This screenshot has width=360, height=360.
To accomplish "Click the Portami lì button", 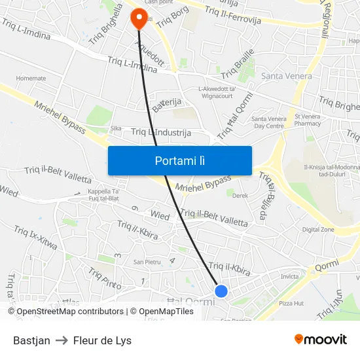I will coord(179,160).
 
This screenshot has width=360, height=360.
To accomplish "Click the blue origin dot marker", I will coord(221,291).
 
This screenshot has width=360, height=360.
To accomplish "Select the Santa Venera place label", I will coord(285,76).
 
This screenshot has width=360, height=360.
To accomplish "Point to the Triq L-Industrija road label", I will coord(161,132).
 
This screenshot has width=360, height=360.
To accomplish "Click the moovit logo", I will coord(321,340).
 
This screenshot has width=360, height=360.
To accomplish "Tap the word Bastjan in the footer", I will coord(31,340).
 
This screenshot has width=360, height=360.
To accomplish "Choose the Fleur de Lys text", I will coord(102,340).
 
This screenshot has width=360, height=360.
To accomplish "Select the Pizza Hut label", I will coord(291,303).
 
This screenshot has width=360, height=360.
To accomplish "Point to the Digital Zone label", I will coord(318,230).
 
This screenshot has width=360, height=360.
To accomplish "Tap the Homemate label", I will coord(31,78).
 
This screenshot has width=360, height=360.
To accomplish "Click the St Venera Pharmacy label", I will coord(308,119).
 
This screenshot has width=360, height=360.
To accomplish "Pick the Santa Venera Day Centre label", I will coord(268,122).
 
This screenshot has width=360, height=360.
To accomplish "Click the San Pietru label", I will coord(147,262).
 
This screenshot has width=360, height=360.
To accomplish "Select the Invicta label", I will coord(289,277).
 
